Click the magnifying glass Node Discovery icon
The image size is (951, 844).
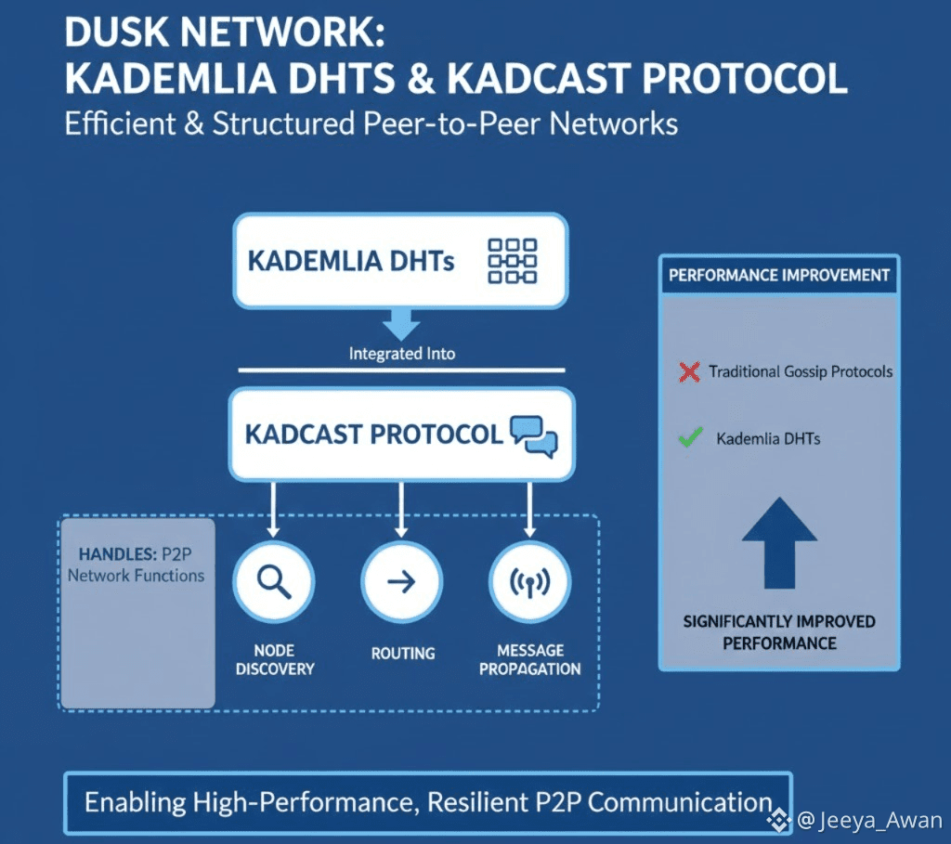[274, 581]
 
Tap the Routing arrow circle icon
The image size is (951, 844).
[401, 582]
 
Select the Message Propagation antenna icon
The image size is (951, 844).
[529, 582]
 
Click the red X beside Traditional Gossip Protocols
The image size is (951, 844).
[689, 372]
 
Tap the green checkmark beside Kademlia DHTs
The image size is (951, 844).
[690, 437]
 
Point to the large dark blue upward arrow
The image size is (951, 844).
[779, 542]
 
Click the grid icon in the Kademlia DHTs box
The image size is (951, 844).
[512, 260]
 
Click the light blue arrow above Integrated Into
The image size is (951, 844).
[401, 324]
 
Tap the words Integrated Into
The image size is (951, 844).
[401, 354]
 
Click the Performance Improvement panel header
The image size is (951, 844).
[779, 276]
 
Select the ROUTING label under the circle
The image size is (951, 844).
[402, 654]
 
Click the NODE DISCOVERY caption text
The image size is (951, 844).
[274, 659]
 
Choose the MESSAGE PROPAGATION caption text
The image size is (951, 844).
[530, 659]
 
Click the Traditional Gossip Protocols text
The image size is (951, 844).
[801, 371]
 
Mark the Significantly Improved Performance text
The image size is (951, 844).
[779, 632]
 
